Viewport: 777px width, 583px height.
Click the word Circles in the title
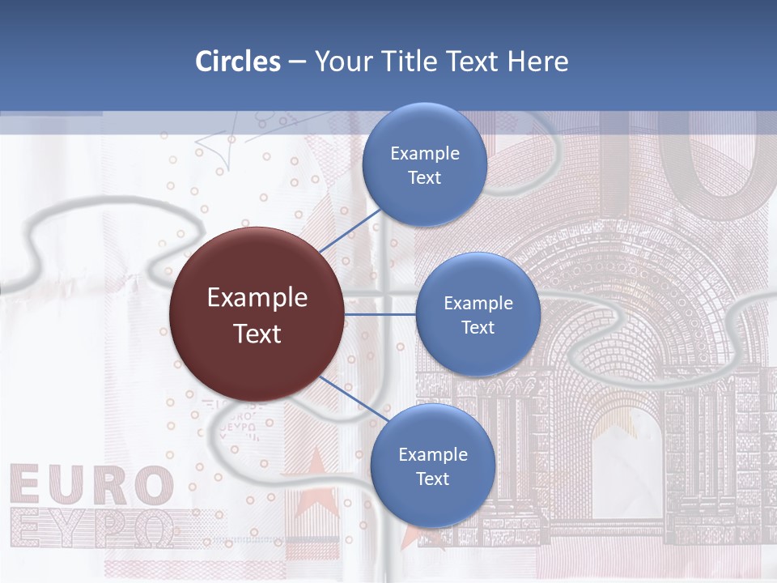[x=238, y=62]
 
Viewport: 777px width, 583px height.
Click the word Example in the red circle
[x=257, y=298]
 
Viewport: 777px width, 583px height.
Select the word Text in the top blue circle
[x=424, y=178]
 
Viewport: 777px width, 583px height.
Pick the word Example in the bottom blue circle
[x=432, y=454]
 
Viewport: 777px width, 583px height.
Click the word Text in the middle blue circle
[x=478, y=328]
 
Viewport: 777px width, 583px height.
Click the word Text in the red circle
[x=257, y=334]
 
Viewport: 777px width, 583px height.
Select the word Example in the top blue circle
[x=424, y=154]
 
